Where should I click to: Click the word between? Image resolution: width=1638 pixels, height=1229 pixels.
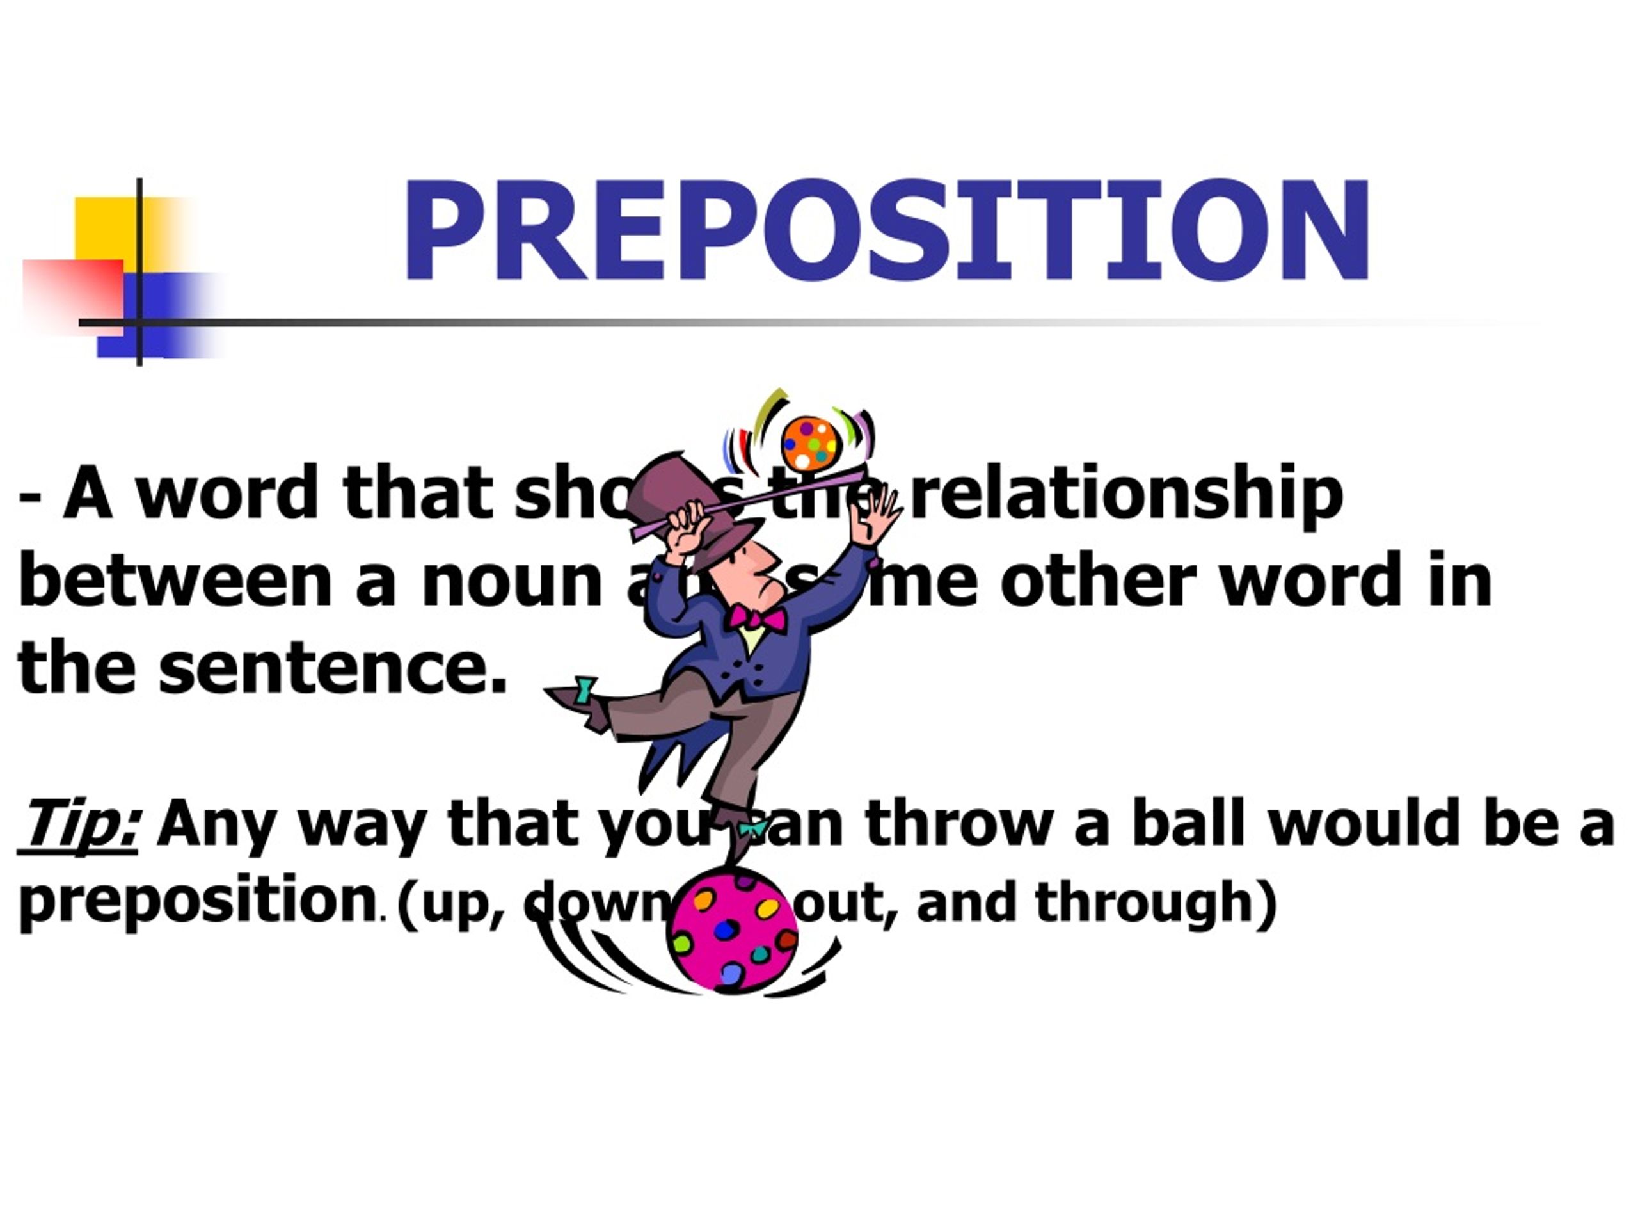click(x=175, y=580)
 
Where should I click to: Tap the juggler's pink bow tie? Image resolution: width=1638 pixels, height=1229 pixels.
click(x=755, y=618)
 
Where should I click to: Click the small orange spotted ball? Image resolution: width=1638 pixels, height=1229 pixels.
click(x=811, y=443)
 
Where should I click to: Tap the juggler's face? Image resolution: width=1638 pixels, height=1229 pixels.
click(x=759, y=569)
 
